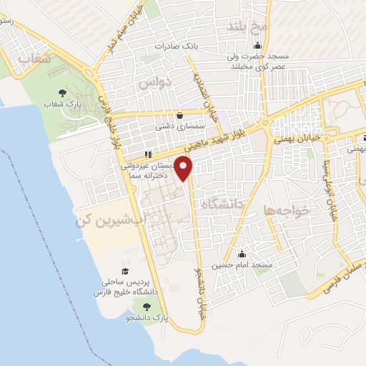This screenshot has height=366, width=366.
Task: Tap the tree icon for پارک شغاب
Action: click(x=62, y=93)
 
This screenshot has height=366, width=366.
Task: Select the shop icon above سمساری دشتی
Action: click(x=179, y=114)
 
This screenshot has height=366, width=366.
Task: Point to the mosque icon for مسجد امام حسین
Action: click(x=242, y=254)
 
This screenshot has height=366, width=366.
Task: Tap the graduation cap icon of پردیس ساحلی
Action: click(x=125, y=271)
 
